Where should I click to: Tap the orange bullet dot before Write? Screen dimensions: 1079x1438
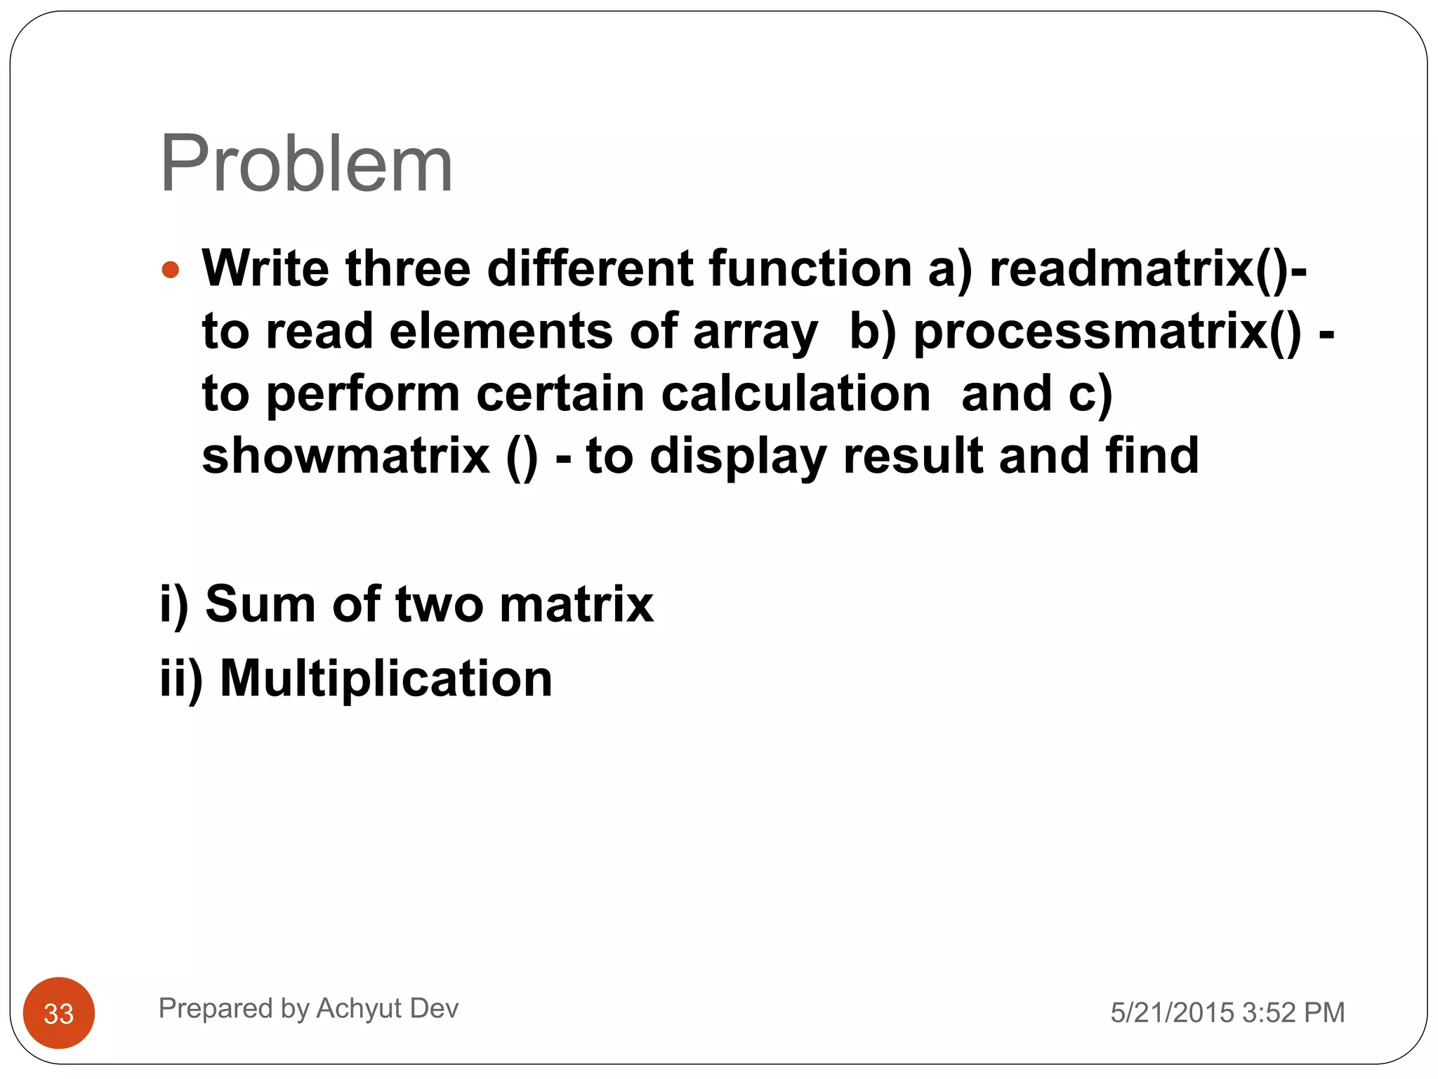(171, 270)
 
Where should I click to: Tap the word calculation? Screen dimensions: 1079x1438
(796, 393)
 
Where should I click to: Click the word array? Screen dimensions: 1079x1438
(755, 332)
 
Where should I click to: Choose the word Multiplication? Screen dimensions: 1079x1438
(386, 679)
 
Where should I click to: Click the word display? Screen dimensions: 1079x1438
(738, 457)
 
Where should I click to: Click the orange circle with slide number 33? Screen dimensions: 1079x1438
(59, 1012)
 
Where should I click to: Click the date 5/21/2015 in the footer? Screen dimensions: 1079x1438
(1172, 1012)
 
